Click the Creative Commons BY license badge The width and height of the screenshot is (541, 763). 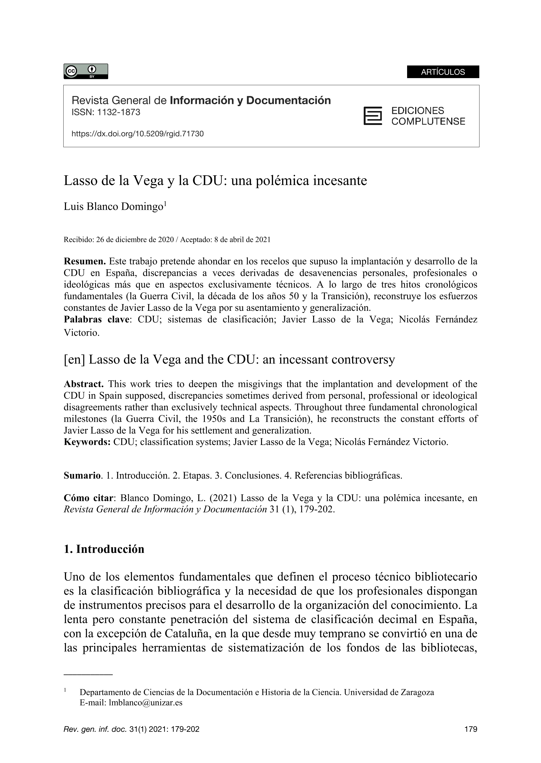[x=86, y=71]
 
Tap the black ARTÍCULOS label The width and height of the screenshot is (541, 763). [x=443, y=72]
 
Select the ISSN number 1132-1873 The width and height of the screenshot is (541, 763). [x=119, y=113]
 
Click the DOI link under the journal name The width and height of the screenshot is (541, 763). [x=138, y=134]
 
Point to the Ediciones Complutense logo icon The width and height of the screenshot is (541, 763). [x=372, y=116]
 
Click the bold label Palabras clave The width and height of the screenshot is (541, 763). [x=96, y=319]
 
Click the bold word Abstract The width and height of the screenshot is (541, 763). [x=84, y=384]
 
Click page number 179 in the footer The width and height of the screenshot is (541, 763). [x=471, y=729]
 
